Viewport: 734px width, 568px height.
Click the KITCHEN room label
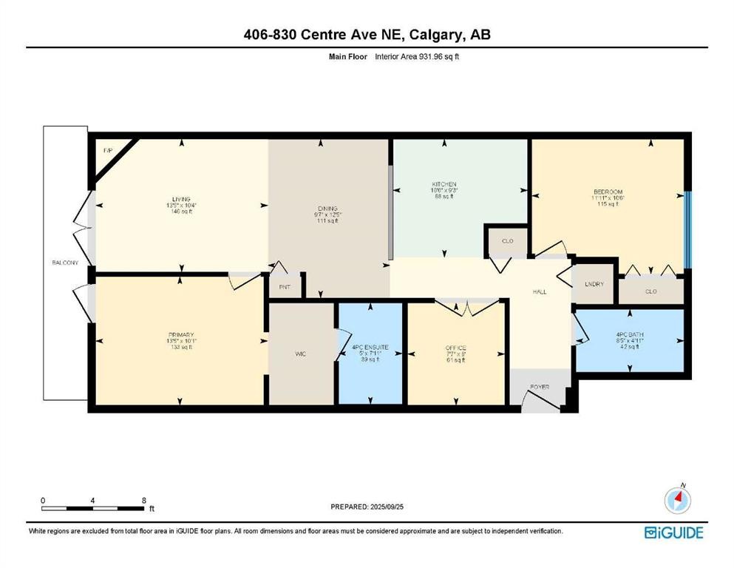coord(444,184)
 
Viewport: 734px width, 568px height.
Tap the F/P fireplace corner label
coord(107,150)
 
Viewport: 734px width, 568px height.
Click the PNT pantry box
coord(284,286)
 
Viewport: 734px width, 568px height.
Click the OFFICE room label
coord(455,348)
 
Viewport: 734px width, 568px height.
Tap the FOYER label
coord(540,386)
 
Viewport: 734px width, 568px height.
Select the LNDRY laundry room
coord(594,284)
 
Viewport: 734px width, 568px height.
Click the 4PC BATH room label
coord(630,335)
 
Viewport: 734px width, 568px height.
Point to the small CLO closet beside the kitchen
coord(507,241)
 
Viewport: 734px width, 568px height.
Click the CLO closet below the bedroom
coord(650,291)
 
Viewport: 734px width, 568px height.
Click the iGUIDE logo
coord(673,532)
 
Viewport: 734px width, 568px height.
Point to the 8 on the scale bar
coord(143,501)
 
